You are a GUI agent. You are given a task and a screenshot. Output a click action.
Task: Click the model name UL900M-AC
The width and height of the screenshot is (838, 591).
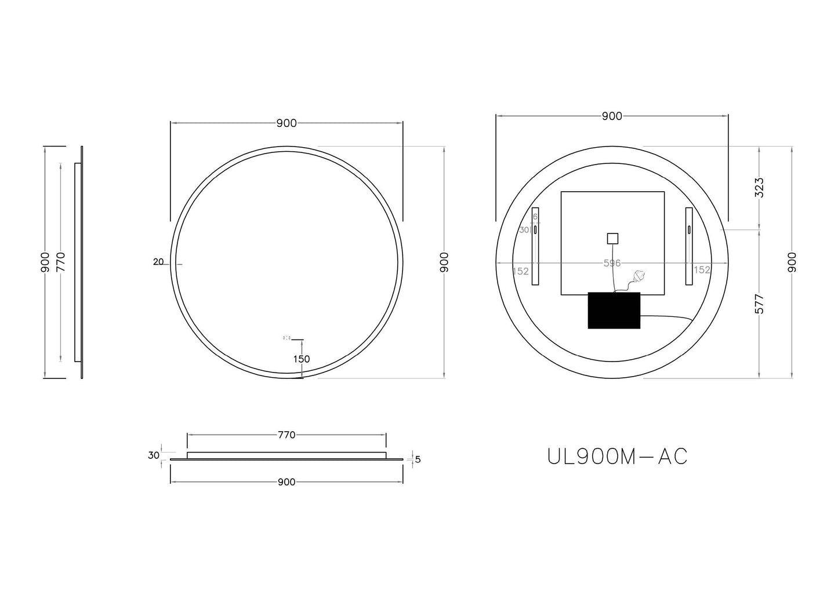click(617, 457)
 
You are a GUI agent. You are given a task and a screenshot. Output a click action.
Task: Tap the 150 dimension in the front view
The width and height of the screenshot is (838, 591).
click(301, 359)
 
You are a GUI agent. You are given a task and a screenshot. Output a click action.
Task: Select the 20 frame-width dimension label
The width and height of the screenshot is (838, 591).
click(158, 262)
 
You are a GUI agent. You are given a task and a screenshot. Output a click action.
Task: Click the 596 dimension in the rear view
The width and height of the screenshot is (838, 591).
click(612, 263)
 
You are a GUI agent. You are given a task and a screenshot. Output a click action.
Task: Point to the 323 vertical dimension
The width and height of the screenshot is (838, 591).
click(760, 188)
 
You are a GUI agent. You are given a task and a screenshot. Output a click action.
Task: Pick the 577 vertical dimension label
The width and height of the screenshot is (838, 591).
click(760, 304)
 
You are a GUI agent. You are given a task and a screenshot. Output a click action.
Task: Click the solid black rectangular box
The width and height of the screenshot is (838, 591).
click(614, 311)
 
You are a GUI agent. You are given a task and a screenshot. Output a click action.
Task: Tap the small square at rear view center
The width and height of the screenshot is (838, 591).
click(612, 238)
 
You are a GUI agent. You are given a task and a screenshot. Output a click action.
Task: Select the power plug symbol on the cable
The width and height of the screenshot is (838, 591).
click(640, 276)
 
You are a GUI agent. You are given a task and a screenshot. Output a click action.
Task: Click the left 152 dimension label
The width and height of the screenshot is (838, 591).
click(521, 271)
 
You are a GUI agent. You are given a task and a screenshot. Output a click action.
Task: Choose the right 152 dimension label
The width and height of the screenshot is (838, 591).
click(702, 270)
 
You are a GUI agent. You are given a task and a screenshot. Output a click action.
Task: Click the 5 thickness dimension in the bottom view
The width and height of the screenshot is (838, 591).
click(418, 460)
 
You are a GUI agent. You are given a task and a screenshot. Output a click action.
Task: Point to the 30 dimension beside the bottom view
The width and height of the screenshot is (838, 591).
click(153, 455)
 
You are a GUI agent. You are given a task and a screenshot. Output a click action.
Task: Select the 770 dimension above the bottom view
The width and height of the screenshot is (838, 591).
click(286, 435)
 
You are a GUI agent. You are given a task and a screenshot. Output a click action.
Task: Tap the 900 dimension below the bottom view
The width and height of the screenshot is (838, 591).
click(286, 482)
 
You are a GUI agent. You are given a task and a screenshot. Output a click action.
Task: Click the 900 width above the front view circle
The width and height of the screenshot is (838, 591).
click(286, 123)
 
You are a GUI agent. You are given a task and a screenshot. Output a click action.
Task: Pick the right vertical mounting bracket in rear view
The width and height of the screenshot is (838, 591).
click(689, 246)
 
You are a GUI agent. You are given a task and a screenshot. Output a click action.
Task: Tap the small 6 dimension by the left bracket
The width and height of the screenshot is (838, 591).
click(535, 216)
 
